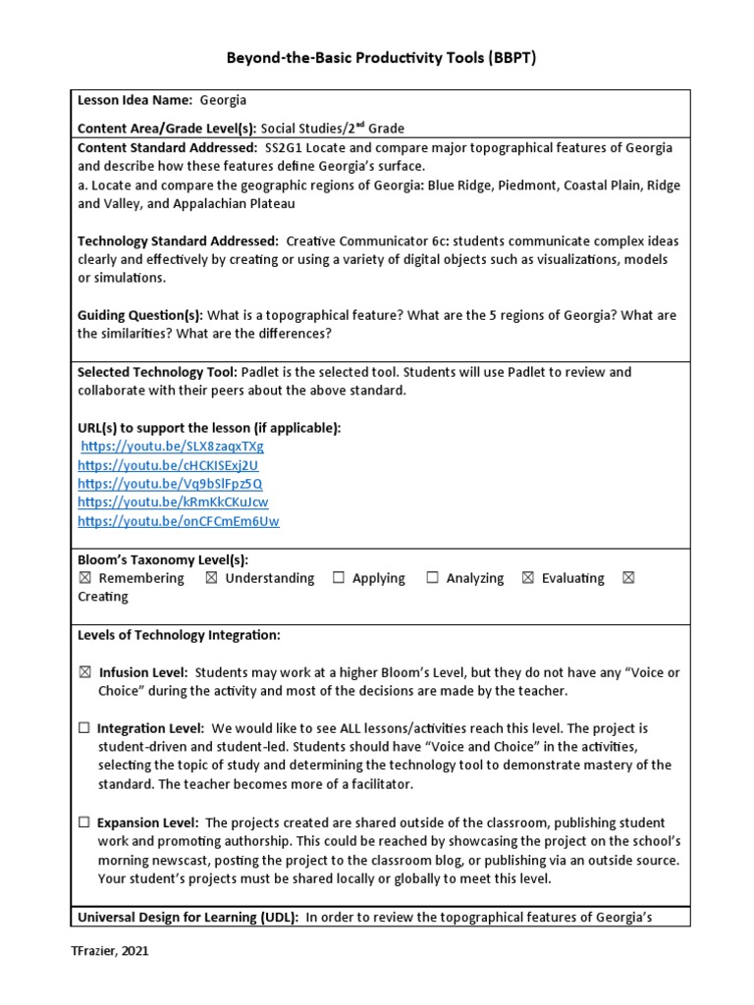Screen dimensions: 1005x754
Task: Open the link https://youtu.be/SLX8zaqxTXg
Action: [173, 447]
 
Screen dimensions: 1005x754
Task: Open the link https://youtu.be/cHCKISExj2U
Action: [168, 465]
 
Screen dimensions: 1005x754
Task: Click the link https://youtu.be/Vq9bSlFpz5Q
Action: [170, 484]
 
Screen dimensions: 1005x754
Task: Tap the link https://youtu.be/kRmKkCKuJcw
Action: [173, 502]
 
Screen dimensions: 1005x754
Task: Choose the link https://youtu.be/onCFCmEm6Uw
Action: [179, 521]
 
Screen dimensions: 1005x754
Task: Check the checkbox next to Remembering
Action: [84, 579]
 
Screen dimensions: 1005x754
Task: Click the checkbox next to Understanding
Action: [211, 579]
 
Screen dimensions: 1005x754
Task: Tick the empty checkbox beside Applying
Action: [338, 579]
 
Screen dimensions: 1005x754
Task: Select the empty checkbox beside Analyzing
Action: [432, 579]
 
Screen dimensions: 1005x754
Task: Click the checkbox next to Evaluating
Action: [527, 579]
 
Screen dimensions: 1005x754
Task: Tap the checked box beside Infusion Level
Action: [84, 672]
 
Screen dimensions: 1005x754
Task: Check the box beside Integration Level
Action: [84, 728]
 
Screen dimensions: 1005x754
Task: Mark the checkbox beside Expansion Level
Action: [84, 822]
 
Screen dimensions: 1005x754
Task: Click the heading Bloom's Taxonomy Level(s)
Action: [163, 558]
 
